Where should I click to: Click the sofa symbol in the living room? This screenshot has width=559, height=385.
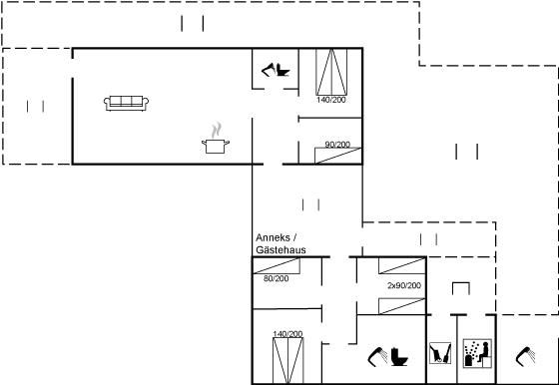click(x=126, y=103)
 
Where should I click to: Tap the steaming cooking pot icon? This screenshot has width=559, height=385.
click(x=216, y=139)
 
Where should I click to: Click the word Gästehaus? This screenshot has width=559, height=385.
click(x=280, y=250)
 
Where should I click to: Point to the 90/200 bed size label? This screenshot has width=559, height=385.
click(x=337, y=145)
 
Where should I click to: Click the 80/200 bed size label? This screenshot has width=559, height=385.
click(x=276, y=278)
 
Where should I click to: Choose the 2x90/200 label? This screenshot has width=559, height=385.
click(x=404, y=285)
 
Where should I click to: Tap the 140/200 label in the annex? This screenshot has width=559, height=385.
click(x=287, y=334)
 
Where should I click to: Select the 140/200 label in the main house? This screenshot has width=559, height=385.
click(x=331, y=100)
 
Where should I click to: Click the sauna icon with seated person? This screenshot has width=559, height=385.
click(x=477, y=353)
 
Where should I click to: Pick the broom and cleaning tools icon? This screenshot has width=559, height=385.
click(x=440, y=353)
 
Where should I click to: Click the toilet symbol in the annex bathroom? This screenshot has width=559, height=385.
click(x=399, y=357)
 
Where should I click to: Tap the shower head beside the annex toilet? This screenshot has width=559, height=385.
click(x=377, y=356)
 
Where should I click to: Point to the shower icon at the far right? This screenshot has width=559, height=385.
click(x=525, y=356)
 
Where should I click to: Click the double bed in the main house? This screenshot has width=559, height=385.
click(x=331, y=72)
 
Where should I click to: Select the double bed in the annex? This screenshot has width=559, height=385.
click(x=288, y=360)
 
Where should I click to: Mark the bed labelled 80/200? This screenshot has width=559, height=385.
click(x=277, y=265)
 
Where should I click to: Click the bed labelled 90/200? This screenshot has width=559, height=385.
click(x=338, y=156)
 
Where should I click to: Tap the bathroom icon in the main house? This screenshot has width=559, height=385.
click(x=276, y=70)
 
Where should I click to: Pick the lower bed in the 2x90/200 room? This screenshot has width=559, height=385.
click(x=401, y=306)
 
